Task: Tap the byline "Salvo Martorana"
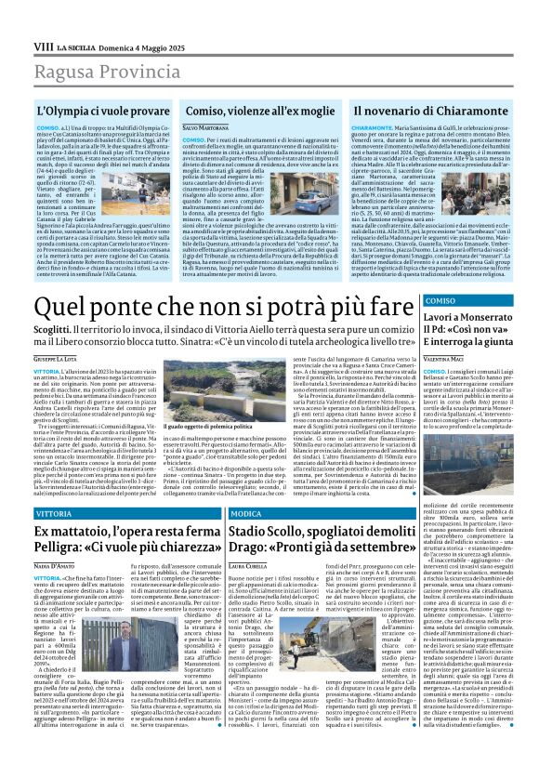[x=204, y=127]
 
